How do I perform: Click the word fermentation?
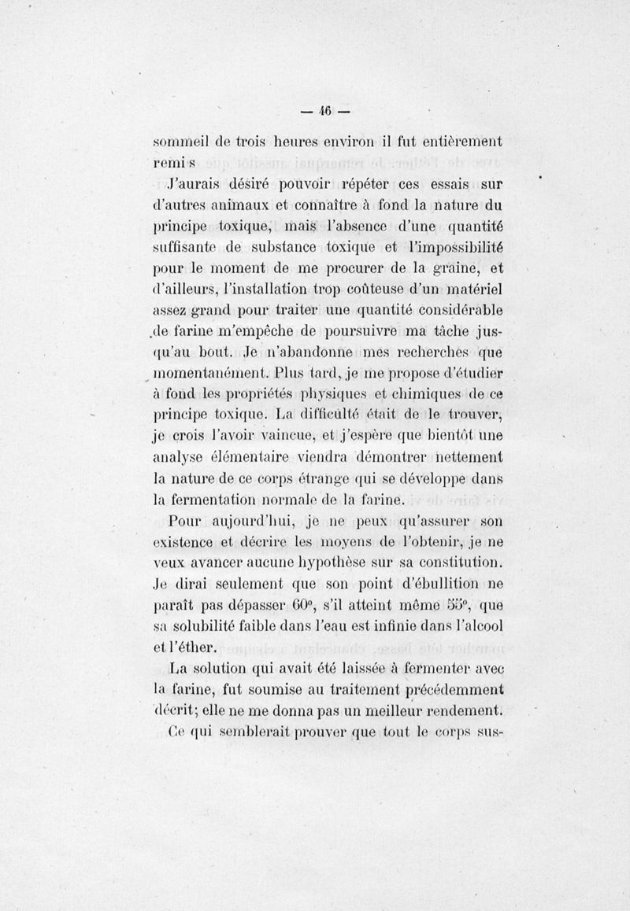(x=223, y=498)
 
